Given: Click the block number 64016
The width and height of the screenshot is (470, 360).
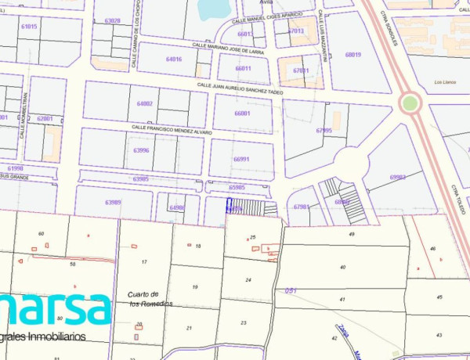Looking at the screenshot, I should pos(174,59).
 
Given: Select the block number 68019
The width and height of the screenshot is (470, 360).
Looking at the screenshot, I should pos(352,55).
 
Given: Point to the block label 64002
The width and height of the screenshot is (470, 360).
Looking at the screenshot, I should pos(145,103).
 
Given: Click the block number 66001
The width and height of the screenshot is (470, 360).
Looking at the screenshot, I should pos(243,113).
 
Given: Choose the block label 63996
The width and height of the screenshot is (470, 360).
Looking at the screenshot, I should pos(141,149).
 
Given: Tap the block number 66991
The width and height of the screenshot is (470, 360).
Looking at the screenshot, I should pos(241,159).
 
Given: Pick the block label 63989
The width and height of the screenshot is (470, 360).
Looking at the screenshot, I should pos(114,203).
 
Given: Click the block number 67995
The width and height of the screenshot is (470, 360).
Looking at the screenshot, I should pos(324,130).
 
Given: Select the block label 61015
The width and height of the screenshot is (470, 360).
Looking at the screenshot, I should pos(29,27).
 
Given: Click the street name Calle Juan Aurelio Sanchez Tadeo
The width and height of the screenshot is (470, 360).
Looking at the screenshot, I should pos(239,88).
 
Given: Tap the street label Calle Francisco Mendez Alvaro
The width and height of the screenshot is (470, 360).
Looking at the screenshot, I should pos(172,129).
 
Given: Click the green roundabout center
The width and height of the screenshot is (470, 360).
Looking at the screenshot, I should pos(410,103).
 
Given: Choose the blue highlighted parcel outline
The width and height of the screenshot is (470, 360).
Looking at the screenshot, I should pos(229,206).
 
